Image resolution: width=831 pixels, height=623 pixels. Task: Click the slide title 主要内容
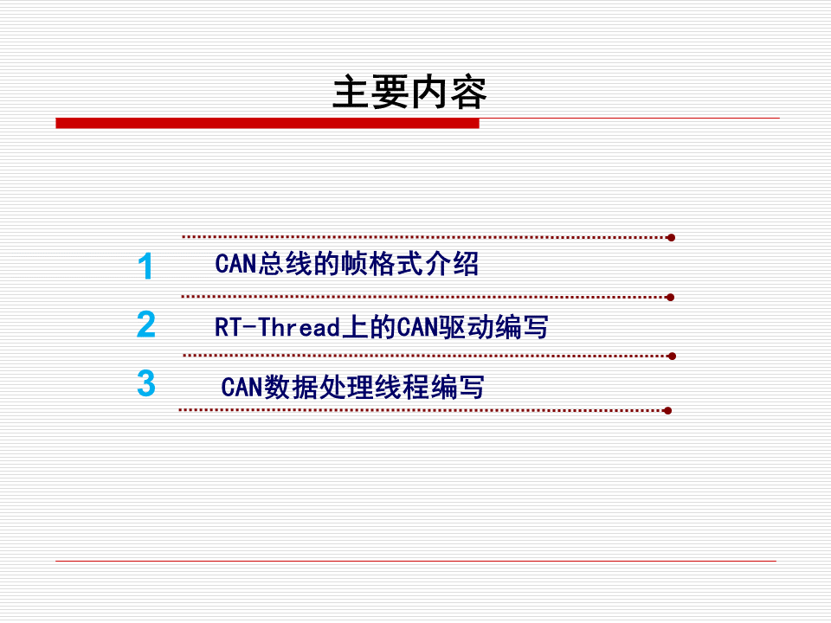coord(409,93)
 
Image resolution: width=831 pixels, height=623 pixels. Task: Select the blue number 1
coord(145,267)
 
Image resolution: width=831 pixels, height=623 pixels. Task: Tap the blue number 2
coord(146,324)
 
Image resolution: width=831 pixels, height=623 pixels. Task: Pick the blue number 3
coord(146,383)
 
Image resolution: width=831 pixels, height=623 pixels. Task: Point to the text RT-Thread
coord(277,328)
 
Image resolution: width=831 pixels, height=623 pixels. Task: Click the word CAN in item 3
coord(242,387)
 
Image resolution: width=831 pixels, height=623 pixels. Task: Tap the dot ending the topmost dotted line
coord(671,237)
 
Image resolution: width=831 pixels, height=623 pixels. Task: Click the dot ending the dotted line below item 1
coord(671,297)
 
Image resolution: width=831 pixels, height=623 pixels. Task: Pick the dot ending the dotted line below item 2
coord(672,356)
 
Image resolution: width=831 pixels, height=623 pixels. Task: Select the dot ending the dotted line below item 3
coord(667,411)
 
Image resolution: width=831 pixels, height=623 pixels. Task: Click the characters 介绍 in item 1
coord(451,264)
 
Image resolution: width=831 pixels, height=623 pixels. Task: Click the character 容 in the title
coord(468,93)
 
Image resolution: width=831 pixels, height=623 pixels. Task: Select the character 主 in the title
coord(351,93)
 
